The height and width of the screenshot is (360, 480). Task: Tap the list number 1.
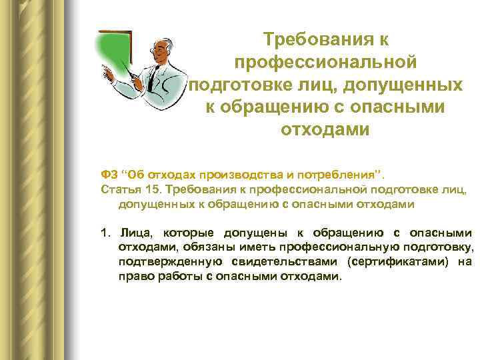pyautogui.click(x=104, y=233)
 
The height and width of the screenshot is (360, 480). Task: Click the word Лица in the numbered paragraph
pyautogui.click(x=135, y=233)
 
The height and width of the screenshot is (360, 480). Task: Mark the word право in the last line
pyautogui.click(x=134, y=276)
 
